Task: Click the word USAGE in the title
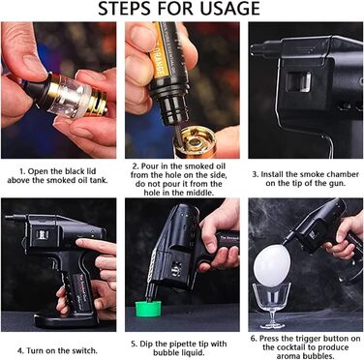point(229,9)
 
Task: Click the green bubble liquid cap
point(149,308)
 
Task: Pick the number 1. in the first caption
point(23,171)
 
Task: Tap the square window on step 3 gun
point(298,80)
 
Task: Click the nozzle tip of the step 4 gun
point(9,217)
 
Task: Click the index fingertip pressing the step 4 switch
point(79,241)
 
